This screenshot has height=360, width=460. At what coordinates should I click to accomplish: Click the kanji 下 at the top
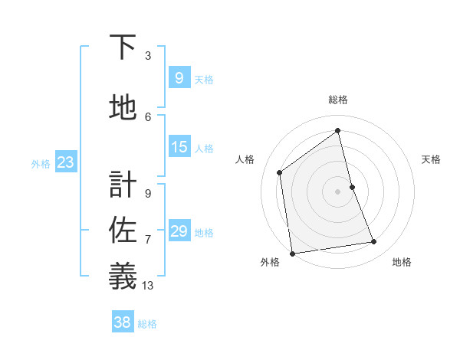click(123, 47)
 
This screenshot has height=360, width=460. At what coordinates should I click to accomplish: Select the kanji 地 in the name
click(123, 108)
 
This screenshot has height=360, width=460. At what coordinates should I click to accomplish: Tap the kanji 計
click(123, 185)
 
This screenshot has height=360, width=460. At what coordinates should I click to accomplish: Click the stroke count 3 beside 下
click(148, 55)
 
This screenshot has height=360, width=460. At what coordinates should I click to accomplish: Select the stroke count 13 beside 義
click(148, 286)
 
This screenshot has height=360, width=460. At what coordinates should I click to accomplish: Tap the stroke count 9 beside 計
click(148, 193)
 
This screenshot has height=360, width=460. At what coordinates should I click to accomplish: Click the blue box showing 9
click(179, 77)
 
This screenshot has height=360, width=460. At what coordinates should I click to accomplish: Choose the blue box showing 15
click(179, 147)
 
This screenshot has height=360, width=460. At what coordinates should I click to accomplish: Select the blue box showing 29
click(179, 231)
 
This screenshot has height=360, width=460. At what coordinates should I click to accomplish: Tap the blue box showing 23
click(65, 162)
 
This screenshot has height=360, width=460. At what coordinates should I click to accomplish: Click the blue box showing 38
click(123, 322)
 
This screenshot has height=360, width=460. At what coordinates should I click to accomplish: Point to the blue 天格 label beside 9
click(204, 79)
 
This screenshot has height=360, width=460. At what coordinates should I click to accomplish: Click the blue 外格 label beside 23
click(41, 163)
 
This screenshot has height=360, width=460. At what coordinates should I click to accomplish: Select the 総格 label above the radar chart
click(338, 100)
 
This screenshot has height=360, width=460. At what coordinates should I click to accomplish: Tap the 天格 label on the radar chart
click(432, 159)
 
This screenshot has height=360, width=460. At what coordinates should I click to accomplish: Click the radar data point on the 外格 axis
click(292, 253)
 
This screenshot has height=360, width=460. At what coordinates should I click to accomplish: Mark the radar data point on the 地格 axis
click(374, 242)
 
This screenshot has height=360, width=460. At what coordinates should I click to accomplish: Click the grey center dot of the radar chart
click(338, 191)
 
